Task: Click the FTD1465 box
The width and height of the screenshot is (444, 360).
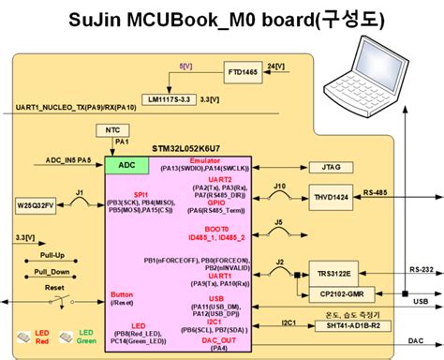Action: pyautogui.click(x=246, y=71)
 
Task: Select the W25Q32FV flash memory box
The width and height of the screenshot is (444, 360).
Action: pyautogui.click(x=36, y=203)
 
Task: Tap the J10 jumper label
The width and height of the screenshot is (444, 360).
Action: pyautogui.click(x=279, y=186)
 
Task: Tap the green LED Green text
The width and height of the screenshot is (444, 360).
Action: pyautogui.click(x=85, y=337)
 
